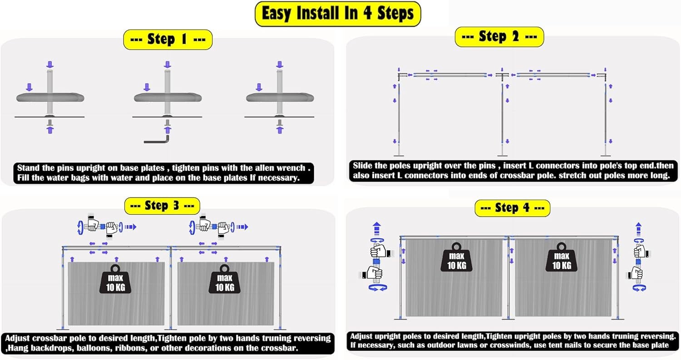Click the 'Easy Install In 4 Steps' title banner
(338, 14)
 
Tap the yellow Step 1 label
(168, 39)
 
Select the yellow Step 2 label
(499, 37)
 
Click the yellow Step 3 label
(162, 206)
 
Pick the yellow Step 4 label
(512, 208)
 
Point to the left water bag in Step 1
(50, 97)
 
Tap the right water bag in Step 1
(280, 97)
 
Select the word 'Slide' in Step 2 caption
(363, 166)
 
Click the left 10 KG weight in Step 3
(115, 279)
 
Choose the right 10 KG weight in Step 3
(224, 279)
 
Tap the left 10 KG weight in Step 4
(456, 257)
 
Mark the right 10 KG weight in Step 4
(562, 257)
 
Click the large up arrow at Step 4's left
(377, 229)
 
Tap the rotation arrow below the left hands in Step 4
(378, 287)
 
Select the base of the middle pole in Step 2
(502, 156)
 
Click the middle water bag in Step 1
(168, 97)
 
